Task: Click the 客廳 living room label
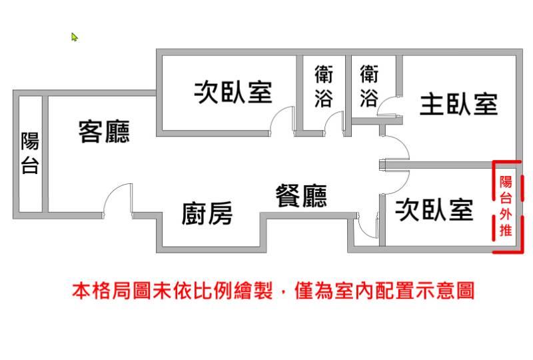[x=104, y=131]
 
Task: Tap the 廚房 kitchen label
[x=207, y=215]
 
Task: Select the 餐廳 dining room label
[x=301, y=196]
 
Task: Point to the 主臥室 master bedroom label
[x=458, y=105]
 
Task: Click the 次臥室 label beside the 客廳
[x=233, y=92]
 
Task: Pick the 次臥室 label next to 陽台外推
[x=434, y=210]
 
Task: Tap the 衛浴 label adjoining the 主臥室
[x=368, y=85]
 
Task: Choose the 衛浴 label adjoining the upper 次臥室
[x=324, y=85]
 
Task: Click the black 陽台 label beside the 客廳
[x=30, y=153]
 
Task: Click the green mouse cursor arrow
[x=75, y=37]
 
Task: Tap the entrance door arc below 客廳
[x=117, y=197]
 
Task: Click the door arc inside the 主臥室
[x=388, y=107]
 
